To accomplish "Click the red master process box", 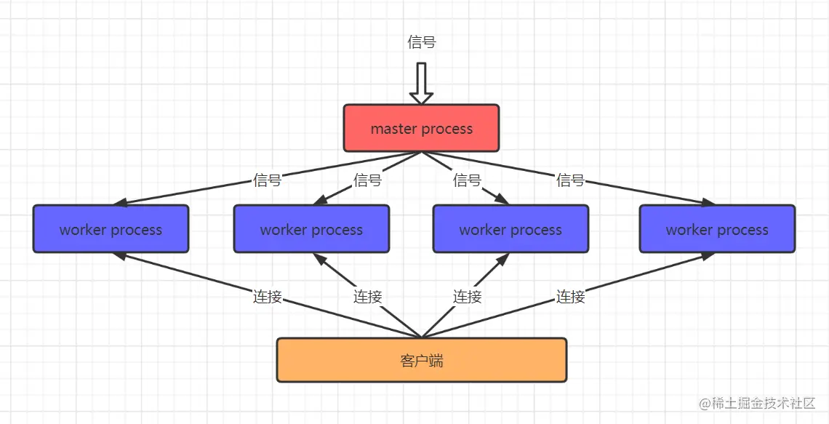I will [421, 128].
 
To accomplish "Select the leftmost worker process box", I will [111, 229].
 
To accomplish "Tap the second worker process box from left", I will [311, 229].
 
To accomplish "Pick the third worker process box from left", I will [510, 229].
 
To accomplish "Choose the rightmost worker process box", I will [717, 229].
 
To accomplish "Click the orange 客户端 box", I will [421, 360].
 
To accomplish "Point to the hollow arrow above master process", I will [421, 83].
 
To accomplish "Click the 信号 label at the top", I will [422, 42].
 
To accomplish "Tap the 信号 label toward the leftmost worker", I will [267, 180].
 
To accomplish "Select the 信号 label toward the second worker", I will [367, 180].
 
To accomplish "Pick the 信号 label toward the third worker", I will [467, 180].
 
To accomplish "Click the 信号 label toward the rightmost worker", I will [570, 180].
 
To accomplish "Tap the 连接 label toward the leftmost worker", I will [267, 297].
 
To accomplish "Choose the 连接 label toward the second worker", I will [367, 297].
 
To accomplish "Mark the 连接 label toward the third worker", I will [467, 297].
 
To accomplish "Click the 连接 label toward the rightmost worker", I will [570, 297].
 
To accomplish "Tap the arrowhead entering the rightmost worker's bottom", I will [707, 256].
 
